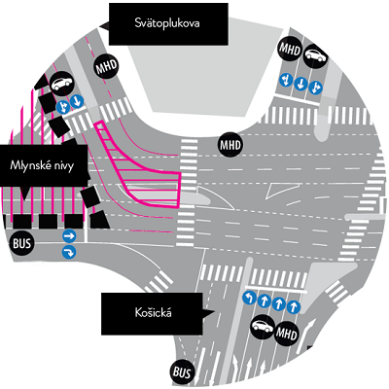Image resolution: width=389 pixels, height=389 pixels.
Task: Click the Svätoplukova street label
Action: pyautogui.click(x=167, y=23)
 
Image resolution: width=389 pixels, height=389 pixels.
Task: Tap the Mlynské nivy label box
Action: pyautogui.click(x=44, y=165)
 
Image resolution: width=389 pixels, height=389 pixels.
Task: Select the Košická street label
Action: pyautogui.click(x=153, y=313)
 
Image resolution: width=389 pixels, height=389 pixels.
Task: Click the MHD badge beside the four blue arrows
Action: pyautogui.click(x=287, y=333)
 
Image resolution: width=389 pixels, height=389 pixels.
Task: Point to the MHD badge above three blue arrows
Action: pyautogui.click(x=291, y=50)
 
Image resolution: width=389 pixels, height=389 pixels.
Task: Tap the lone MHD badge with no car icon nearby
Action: pyautogui.click(x=230, y=145)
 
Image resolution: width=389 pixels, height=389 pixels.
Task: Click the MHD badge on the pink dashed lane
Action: pyautogui.click(x=106, y=67)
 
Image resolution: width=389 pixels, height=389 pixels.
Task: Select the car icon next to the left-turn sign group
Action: pyautogui.click(x=263, y=326)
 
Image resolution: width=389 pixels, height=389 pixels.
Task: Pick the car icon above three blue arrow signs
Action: pyautogui.click(x=316, y=54)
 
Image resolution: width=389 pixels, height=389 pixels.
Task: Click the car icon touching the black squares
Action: pyautogui.click(x=61, y=84)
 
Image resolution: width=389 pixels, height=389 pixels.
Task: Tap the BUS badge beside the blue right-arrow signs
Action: pyautogui.click(x=21, y=242)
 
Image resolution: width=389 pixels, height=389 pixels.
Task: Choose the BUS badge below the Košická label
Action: pyautogui.click(x=182, y=371)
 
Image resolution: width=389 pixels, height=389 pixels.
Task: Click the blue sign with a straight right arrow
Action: pyautogui.click(x=69, y=236)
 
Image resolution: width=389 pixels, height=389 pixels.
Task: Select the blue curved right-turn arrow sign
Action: pyautogui.click(x=69, y=252)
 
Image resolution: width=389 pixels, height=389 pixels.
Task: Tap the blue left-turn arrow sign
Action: pyautogui.click(x=249, y=298)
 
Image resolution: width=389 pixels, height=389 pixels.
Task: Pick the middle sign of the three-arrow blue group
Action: pyautogui.click(x=301, y=84)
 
